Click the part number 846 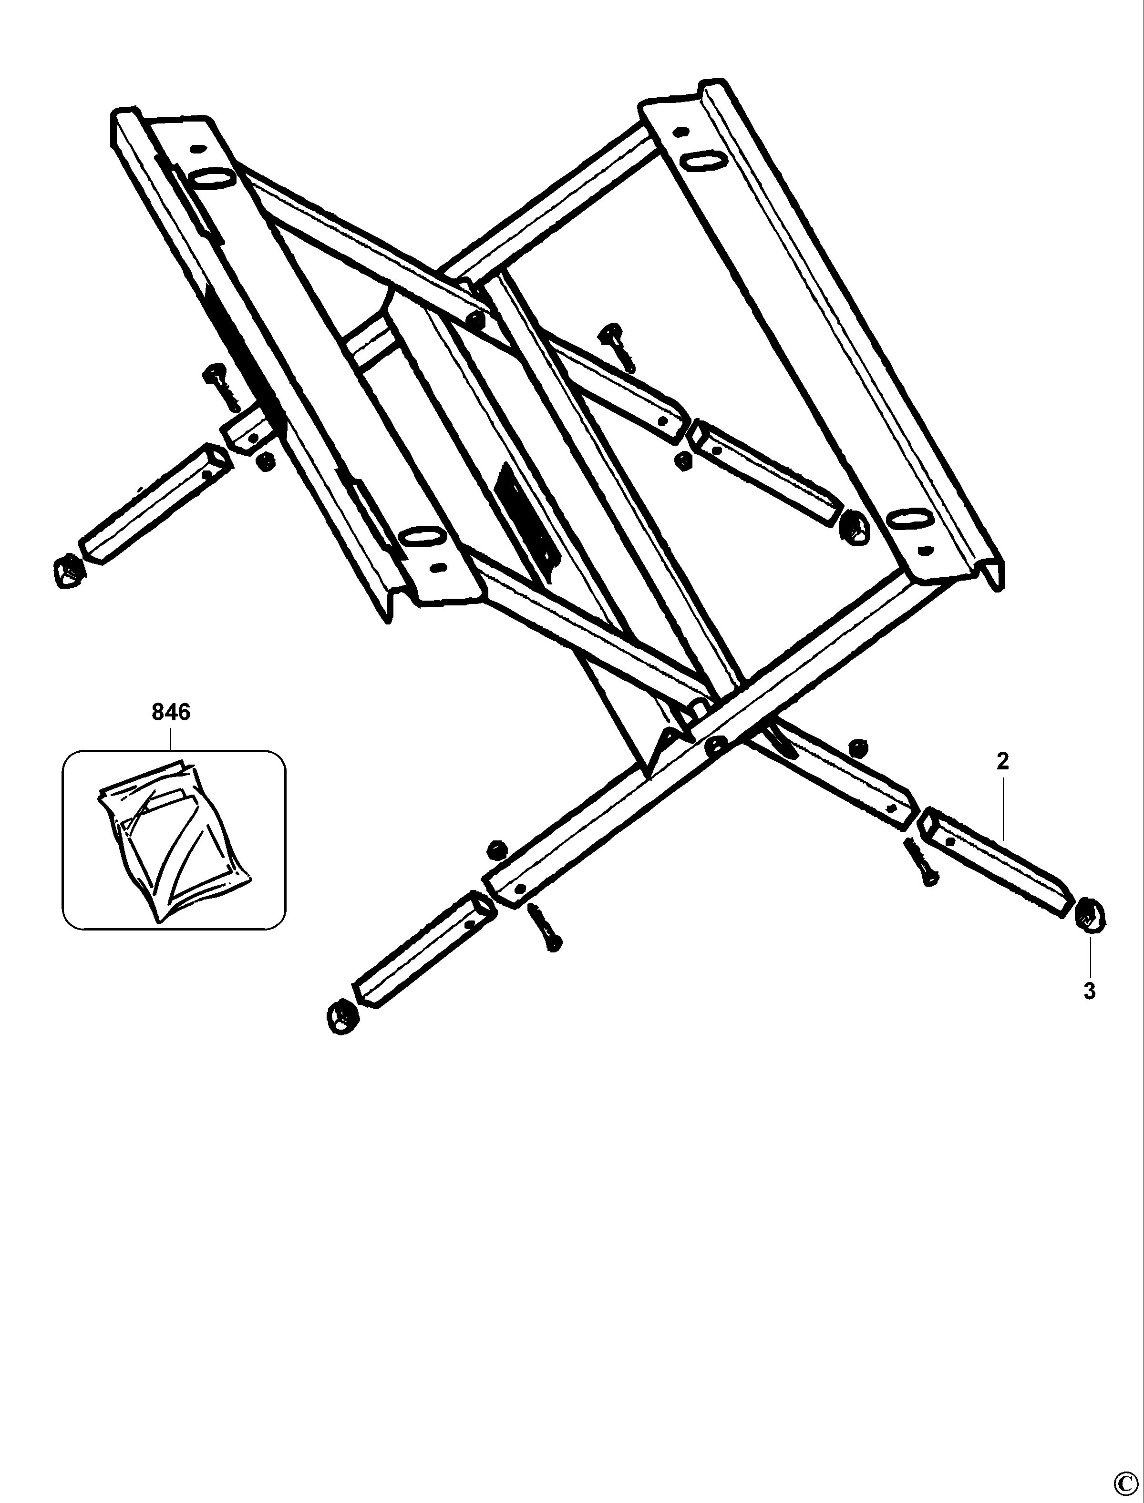pos(171,712)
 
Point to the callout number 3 pos(1090,991)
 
